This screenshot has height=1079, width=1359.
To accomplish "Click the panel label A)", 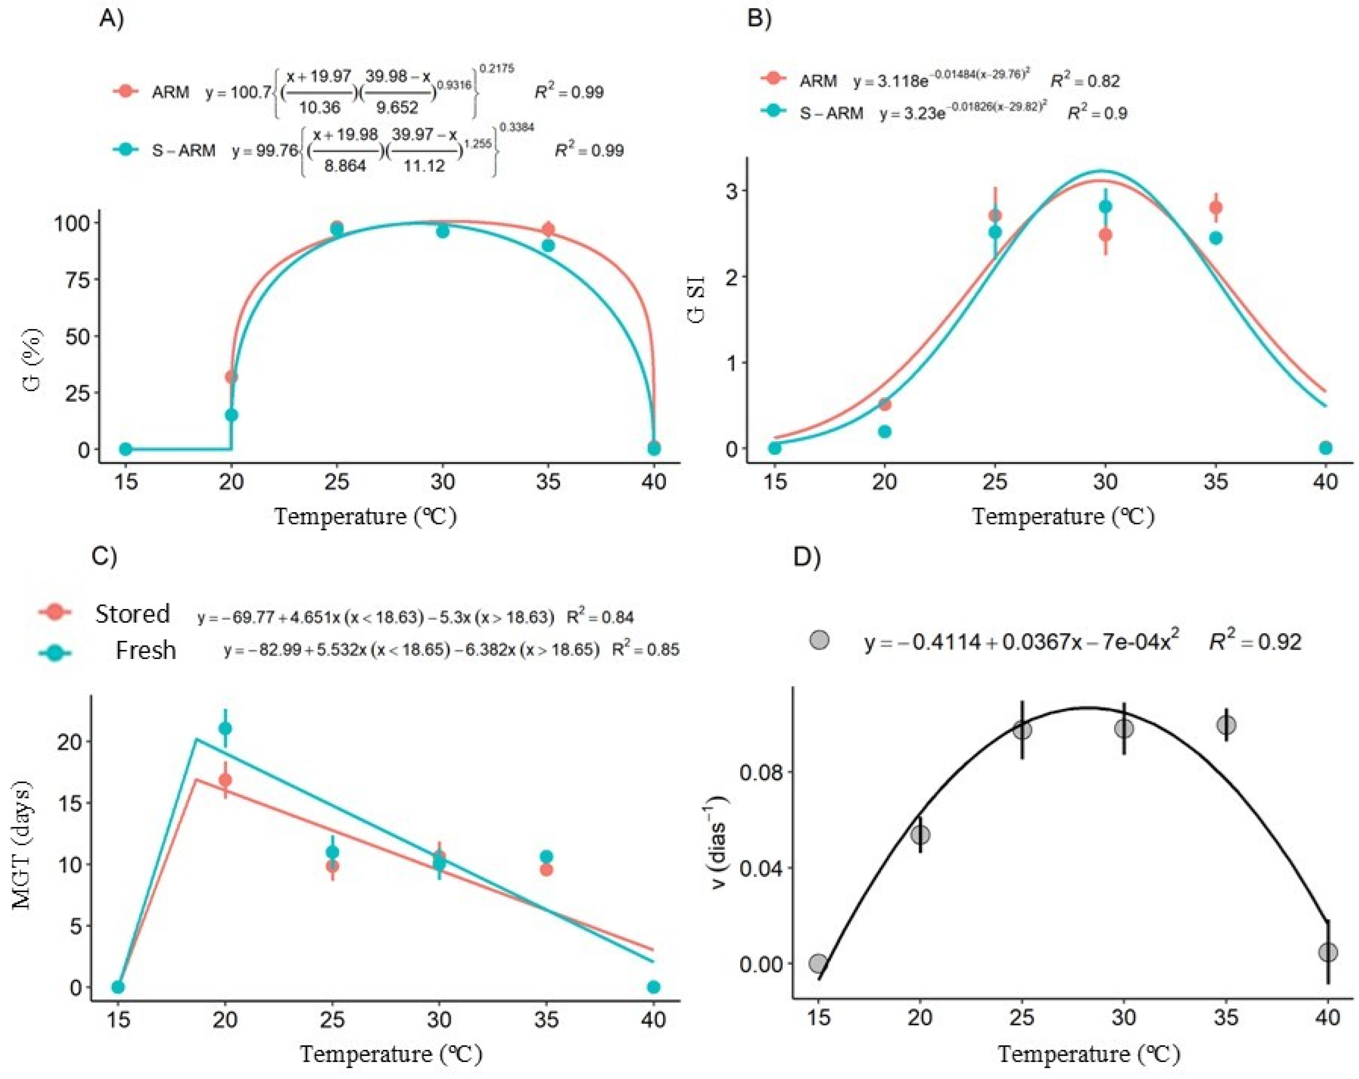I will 112,19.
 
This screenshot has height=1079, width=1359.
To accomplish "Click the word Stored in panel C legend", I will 132,613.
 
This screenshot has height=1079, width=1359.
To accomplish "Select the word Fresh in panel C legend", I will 145,650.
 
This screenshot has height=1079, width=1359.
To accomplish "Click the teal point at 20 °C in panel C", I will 225,729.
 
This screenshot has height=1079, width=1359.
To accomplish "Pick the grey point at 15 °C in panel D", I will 818,964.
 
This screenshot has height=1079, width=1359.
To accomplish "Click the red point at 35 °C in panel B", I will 1216,207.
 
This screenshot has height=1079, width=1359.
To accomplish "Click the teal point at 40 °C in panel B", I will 1326,447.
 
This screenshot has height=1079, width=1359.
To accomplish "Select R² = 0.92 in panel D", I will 1254,642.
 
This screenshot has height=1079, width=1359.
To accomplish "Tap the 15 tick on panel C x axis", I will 118,1019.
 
